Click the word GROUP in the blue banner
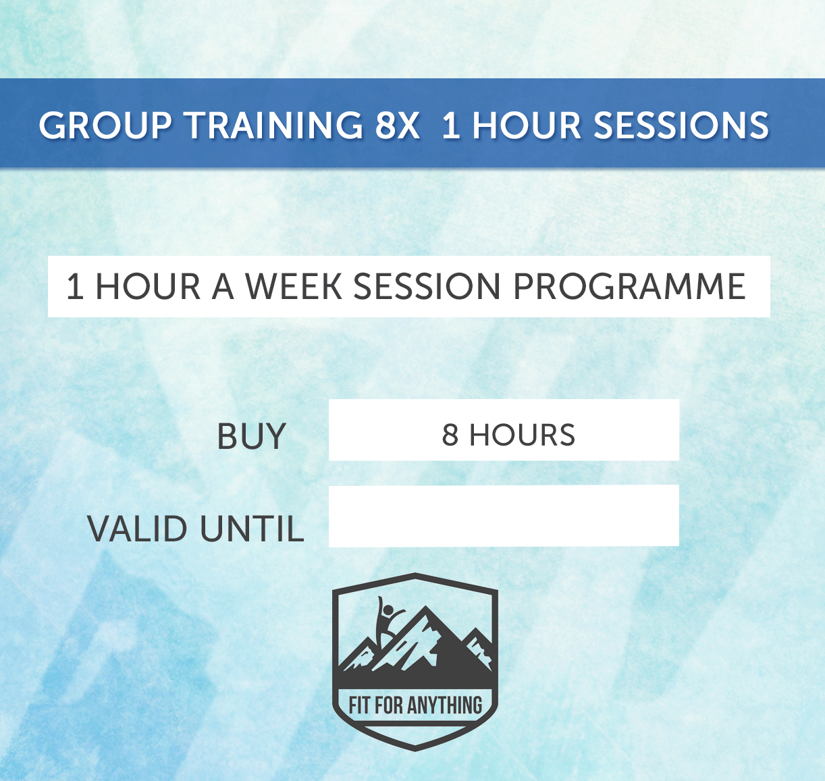(105, 126)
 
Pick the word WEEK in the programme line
(294, 287)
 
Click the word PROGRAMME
(629, 287)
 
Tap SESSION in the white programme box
(427, 287)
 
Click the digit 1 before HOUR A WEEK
(74, 287)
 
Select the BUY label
(251, 437)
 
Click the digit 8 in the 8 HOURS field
(450, 435)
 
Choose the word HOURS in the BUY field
(522, 435)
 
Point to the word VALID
(138, 529)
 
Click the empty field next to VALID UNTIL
(503, 516)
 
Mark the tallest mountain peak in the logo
(425, 611)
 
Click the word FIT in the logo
(360, 706)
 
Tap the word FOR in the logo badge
(389, 706)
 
